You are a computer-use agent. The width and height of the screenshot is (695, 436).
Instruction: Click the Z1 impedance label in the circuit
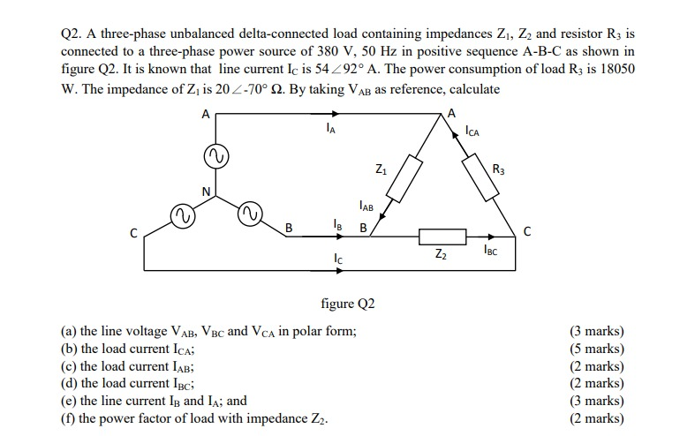click(x=380, y=169)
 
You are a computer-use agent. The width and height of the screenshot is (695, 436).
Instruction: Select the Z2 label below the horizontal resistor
click(x=441, y=256)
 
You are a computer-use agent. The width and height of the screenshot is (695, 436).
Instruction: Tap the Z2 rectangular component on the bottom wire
click(x=442, y=236)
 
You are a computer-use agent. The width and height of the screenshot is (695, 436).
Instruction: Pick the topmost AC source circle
click(x=214, y=156)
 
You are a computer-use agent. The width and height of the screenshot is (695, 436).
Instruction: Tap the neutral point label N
click(x=205, y=192)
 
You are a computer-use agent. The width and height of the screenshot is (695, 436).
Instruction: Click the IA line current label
click(x=329, y=131)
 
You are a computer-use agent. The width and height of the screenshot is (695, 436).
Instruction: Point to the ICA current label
click(x=472, y=132)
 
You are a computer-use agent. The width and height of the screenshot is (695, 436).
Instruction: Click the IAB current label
click(x=366, y=207)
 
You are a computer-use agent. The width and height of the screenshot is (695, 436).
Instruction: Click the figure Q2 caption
click(x=347, y=304)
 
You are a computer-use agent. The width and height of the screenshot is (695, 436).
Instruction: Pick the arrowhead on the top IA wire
click(x=335, y=114)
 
